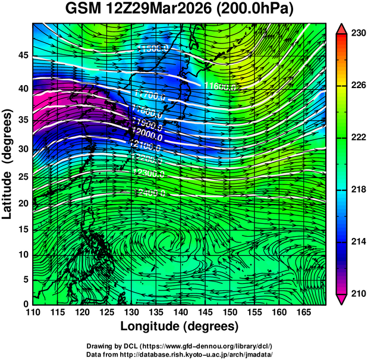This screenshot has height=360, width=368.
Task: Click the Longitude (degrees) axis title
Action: [x=180, y=327]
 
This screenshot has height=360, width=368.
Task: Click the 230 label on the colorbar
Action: [x=358, y=34]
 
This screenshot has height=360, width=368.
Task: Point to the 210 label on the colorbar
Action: [x=358, y=293]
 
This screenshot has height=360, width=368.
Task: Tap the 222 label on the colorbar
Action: [x=358, y=137]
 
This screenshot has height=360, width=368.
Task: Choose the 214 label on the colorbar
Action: [x=358, y=242]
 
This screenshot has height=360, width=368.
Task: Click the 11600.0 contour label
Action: [x=221, y=87]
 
